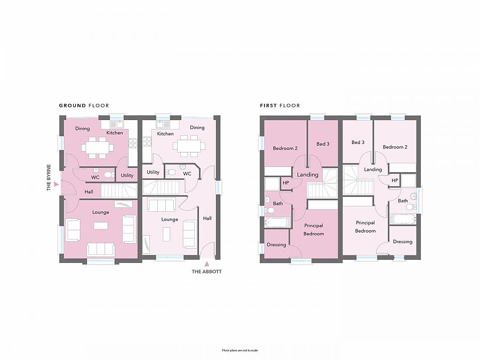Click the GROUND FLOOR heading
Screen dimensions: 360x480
(x=84, y=106)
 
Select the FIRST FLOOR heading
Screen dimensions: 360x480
(x=280, y=106)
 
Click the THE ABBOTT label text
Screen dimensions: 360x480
(x=206, y=271)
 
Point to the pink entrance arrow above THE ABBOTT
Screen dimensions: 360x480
(x=206, y=262)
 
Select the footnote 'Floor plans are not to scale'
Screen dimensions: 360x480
(x=239, y=350)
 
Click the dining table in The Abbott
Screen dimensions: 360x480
(x=189, y=144)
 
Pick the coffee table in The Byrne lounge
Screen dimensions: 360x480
(x=100, y=226)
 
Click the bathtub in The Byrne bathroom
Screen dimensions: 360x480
(x=278, y=222)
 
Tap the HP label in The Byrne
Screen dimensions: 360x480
(x=286, y=183)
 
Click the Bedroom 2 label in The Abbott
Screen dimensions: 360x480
(x=395, y=147)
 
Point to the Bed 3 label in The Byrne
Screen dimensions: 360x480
(x=323, y=144)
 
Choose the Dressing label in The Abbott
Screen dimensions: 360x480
(x=403, y=242)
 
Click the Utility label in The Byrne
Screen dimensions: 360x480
(x=127, y=175)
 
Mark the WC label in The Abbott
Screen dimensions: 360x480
(x=187, y=173)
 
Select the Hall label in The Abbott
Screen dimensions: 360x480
(x=207, y=218)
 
